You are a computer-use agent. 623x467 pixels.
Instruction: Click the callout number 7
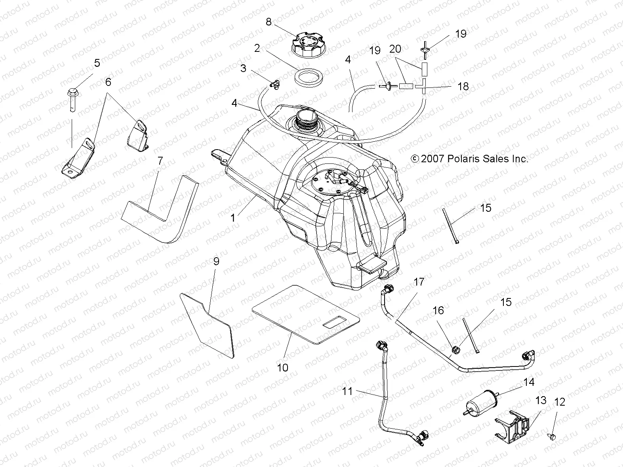(160, 161)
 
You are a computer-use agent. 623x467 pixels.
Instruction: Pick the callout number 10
(282, 368)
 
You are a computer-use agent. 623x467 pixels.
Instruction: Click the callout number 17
(419, 282)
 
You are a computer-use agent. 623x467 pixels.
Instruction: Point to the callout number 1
(233, 218)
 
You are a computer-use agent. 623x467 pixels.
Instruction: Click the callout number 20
(395, 49)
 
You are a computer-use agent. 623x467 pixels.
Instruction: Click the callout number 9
(216, 261)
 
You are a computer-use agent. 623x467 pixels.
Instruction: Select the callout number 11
(347, 391)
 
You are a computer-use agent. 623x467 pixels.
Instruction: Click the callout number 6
(108, 82)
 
